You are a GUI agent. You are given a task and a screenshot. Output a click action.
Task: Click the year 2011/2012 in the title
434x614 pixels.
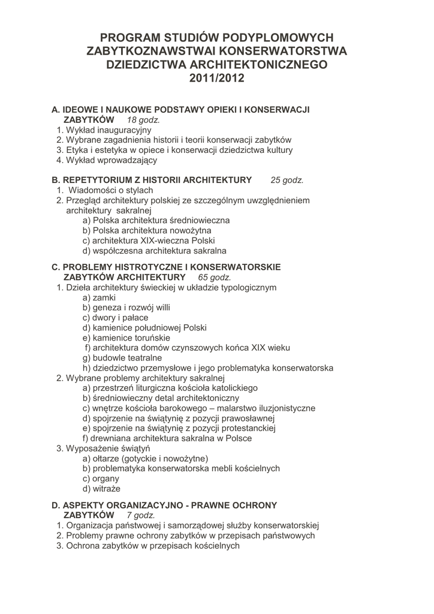point(217,79)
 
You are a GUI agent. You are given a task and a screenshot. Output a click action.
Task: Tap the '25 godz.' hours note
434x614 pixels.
point(287,179)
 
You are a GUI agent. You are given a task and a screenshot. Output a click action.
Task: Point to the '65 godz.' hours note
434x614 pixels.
point(214,278)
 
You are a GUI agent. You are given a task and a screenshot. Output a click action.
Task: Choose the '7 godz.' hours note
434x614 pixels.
point(141,515)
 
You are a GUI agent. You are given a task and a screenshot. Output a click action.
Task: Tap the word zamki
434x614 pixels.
point(104,297)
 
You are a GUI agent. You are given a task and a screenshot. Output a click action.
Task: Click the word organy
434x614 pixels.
point(106,478)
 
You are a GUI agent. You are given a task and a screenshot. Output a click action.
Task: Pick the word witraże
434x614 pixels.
point(106,489)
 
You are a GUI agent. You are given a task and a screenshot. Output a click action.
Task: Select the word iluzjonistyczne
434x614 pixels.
point(284,408)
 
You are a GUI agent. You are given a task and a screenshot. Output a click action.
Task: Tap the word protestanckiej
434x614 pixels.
point(245,428)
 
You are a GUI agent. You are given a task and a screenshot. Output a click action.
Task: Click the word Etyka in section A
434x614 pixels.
point(77,150)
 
